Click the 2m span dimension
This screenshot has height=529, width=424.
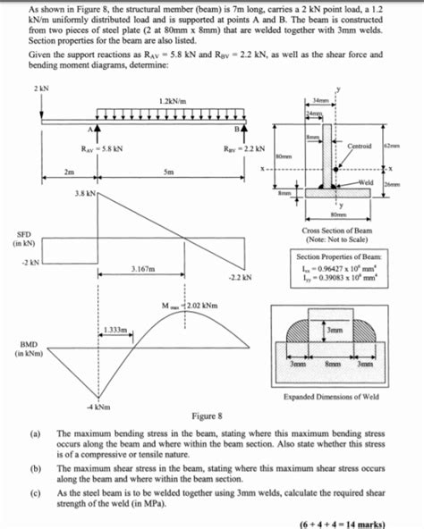tap(70, 172)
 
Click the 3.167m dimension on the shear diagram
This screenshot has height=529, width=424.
tap(145, 267)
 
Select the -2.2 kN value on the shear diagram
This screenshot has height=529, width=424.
tap(239, 277)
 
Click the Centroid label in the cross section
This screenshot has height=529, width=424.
tap(360, 145)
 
